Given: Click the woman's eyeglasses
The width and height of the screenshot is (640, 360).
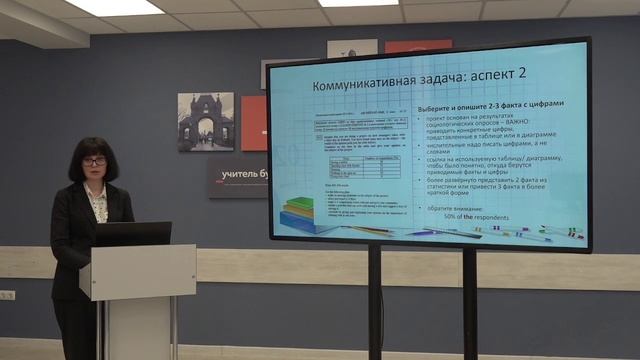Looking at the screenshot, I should [95, 161].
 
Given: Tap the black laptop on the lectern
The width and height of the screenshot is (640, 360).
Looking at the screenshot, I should [132, 234].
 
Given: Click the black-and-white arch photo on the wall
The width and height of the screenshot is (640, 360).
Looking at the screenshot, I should [205, 122].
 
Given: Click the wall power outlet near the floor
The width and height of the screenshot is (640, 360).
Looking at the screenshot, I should [7, 295].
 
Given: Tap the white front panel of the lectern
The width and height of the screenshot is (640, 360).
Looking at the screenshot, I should [137, 271].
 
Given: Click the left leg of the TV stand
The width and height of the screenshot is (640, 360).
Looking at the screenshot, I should [374, 300].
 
